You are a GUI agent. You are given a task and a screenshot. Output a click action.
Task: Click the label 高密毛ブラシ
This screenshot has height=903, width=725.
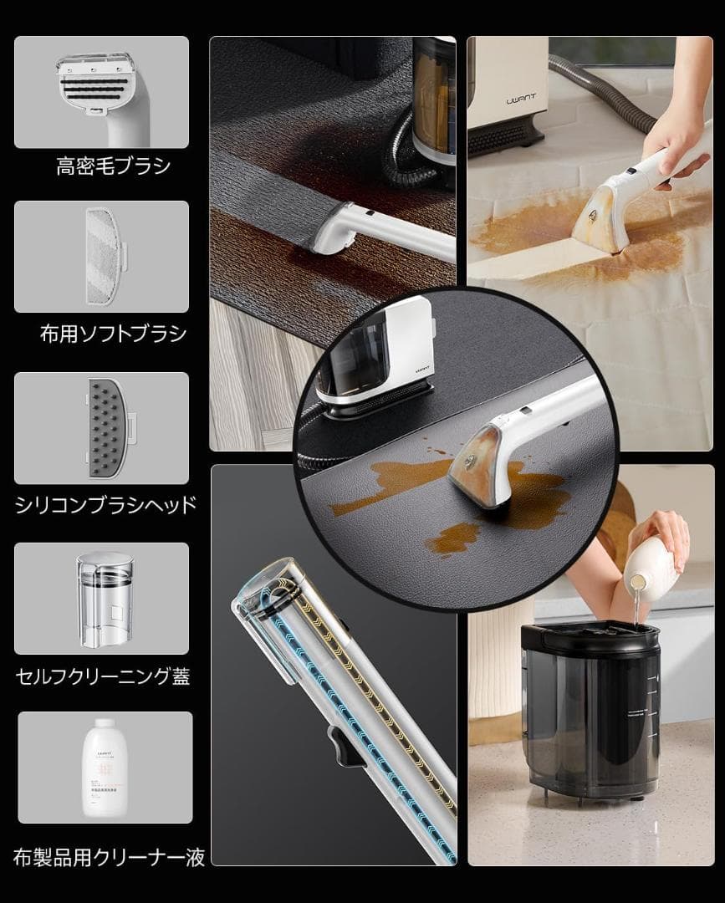113,166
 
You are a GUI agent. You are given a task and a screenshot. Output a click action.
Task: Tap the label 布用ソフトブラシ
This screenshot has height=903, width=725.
114,334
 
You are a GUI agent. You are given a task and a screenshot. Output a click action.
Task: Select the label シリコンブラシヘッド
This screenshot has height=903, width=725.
106,504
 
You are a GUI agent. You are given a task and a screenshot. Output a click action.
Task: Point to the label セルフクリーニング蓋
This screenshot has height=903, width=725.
103,676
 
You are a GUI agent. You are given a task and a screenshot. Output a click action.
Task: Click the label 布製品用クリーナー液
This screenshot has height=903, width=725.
109,857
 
